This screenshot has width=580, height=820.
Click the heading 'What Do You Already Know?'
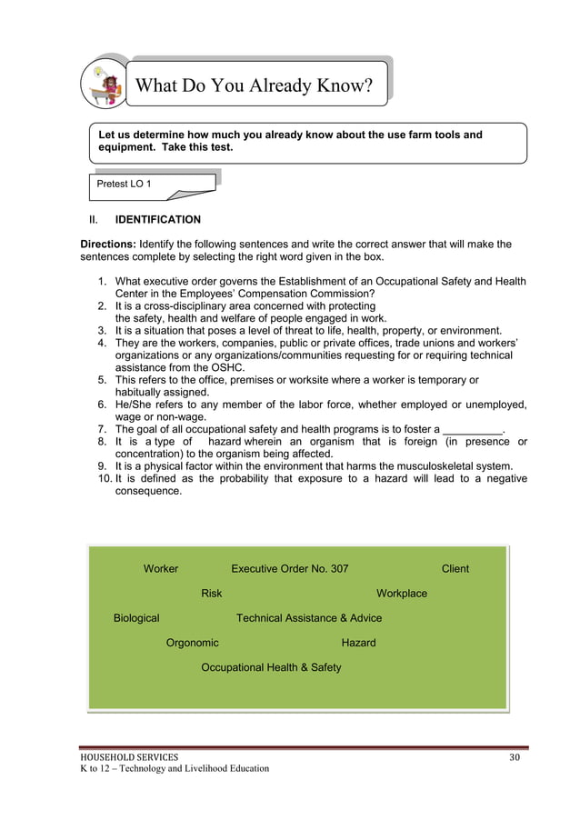pyautogui.click(x=254, y=86)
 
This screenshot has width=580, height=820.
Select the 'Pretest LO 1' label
pyautogui.click(x=124, y=185)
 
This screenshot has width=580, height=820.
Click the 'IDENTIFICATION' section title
pyautogui.click(x=157, y=220)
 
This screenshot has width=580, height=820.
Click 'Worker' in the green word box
pyautogui.click(x=161, y=569)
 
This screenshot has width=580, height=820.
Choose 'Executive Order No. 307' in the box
pyautogui.click(x=289, y=569)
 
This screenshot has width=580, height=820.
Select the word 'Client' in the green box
pyautogui.click(x=455, y=569)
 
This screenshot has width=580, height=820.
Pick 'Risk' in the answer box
pyautogui.click(x=211, y=594)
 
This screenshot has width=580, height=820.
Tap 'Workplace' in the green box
pyautogui.click(x=401, y=594)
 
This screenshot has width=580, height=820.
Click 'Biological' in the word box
pyautogui.click(x=135, y=618)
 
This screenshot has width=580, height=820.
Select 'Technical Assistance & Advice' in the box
pyautogui.click(x=309, y=618)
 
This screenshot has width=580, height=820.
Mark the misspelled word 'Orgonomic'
pyautogui.click(x=192, y=643)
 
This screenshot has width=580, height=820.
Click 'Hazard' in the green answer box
pyautogui.click(x=358, y=643)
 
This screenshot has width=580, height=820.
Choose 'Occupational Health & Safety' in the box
pyautogui.click(x=271, y=667)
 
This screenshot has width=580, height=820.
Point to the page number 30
pyautogui.click(x=515, y=756)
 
